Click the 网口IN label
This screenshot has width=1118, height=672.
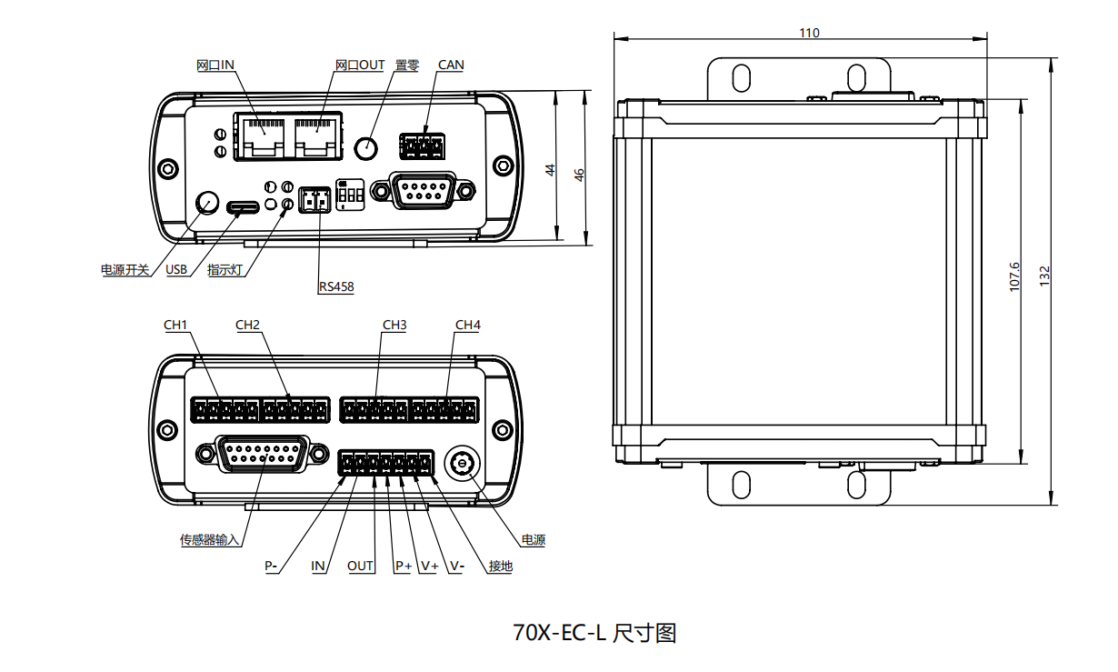pos(216,65)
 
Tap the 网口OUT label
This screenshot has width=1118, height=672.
pos(360,65)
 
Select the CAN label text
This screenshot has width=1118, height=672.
pos(451,65)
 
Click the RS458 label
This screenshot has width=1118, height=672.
pos(336,287)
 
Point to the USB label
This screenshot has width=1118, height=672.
pos(176,270)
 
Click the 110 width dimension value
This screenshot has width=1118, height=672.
pos(809,33)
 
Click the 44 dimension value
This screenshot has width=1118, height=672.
pos(550,169)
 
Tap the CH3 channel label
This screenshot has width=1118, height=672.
pos(394,325)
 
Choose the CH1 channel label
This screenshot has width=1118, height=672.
pos(175,325)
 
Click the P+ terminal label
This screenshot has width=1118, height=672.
pos(403,566)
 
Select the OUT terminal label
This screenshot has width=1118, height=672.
pos(361,566)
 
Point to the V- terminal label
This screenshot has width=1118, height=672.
pos(456,566)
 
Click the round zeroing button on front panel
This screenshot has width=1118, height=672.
pos(366,147)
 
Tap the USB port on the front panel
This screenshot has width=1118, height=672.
pos(243,207)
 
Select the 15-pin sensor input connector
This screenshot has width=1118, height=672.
pos(260,453)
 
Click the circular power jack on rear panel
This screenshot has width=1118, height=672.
pos(462,464)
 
